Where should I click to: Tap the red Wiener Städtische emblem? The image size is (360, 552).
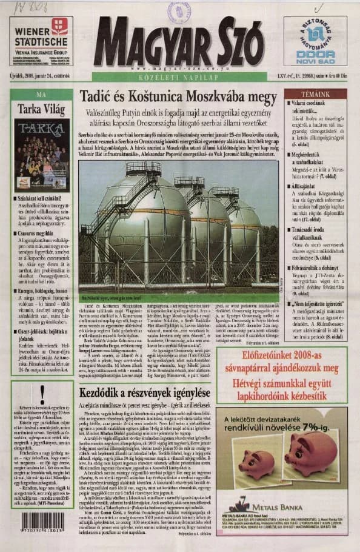coord(59,26)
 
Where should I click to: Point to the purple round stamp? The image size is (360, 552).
coord(179,12)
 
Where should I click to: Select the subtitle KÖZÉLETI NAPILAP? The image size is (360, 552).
coord(179,78)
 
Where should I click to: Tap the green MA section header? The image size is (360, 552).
coord(41,95)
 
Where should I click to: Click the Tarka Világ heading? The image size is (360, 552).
coord(41,109)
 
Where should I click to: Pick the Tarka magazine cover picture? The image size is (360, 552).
coord(41,154)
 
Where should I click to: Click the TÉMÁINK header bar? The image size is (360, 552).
coord(315,95)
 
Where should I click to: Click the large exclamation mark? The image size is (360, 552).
coord(42,395)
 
